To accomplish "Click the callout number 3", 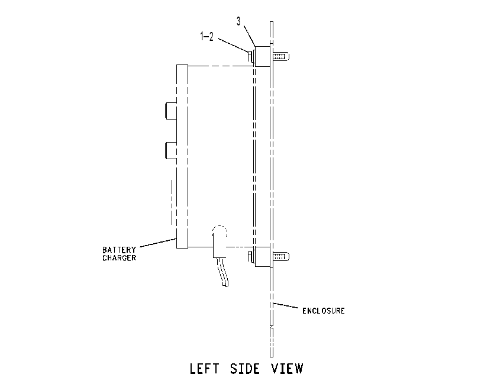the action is coord(238,21).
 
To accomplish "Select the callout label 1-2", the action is coord(206,37).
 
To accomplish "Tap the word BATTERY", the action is coord(119,250).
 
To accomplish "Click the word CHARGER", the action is coord(119,258).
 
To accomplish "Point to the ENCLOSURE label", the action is coord(323,311).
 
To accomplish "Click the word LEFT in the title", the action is coord(204,369).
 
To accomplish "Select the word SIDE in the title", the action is coord(245,369).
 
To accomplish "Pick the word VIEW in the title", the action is coord(287,369).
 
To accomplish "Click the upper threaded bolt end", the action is coord(281,57).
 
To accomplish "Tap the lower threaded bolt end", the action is coord(281,256).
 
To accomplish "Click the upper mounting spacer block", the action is coord(263,56).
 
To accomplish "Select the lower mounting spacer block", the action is coord(263,257).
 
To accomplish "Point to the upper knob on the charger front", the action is coord(171,111).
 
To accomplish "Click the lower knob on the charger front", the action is coord(171,150).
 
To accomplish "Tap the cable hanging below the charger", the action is coord(224,272).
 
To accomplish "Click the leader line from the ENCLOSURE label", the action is coord(286,305).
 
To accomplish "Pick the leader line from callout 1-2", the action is coord(234,45).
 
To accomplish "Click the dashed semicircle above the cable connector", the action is coord(220,230).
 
